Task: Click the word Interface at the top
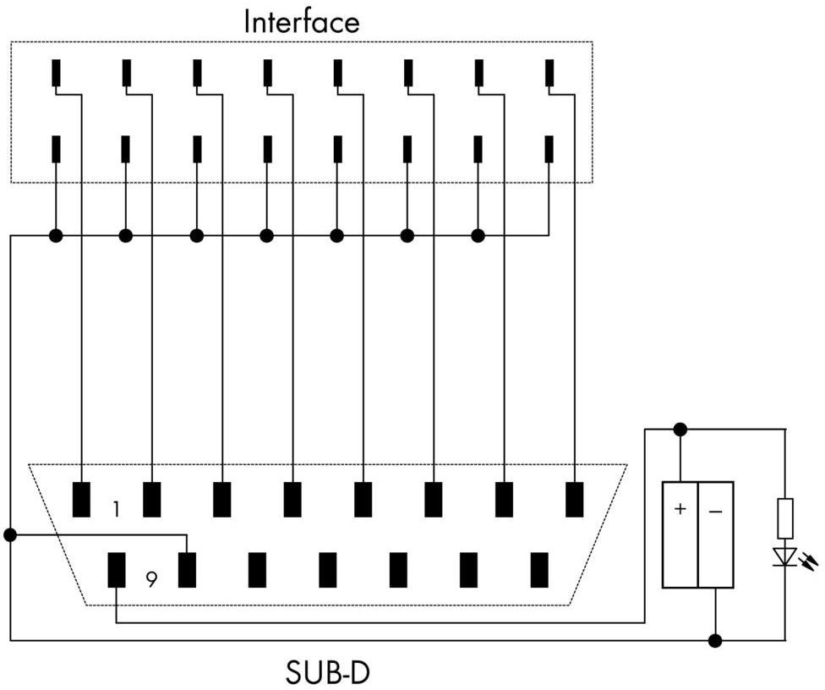[301, 21]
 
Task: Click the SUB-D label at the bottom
[328, 673]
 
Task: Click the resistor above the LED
[785, 518]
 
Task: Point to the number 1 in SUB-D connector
[116, 509]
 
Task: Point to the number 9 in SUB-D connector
[150, 579]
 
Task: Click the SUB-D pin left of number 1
[81, 499]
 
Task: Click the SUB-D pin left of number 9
[117, 570]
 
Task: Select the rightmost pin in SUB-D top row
[575, 499]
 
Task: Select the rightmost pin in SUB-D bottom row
[539, 570]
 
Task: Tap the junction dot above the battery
[680, 430]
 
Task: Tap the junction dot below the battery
[715, 640]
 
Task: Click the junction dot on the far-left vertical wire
[10, 534]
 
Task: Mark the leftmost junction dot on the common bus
[56, 235]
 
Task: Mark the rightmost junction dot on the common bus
[478, 235]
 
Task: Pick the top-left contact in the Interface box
[56, 74]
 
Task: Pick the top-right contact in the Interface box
[549, 74]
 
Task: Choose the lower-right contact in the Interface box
[549, 149]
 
